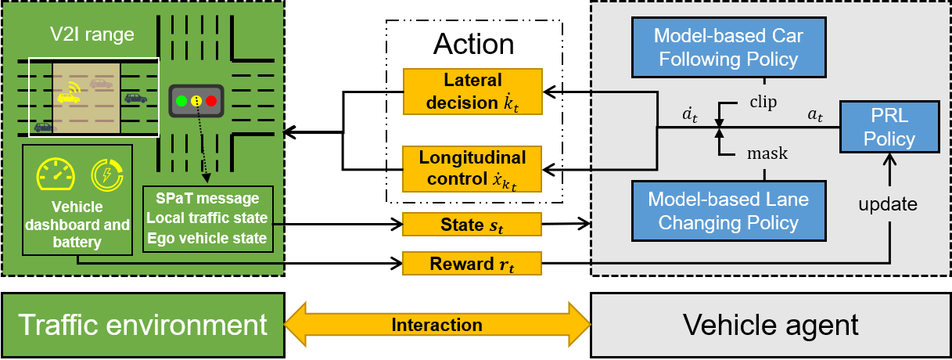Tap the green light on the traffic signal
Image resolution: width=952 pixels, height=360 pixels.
click(181, 100)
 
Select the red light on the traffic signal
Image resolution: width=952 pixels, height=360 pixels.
click(210, 100)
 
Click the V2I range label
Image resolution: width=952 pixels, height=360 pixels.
click(88, 34)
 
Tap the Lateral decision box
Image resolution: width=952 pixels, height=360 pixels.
click(472, 92)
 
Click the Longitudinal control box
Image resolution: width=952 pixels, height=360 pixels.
click(472, 168)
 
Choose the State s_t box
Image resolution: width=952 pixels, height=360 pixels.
click(472, 225)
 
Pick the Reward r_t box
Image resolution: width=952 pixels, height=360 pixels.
click(472, 264)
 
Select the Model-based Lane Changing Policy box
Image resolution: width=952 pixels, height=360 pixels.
click(728, 211)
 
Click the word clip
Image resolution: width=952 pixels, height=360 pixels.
click(763, 103)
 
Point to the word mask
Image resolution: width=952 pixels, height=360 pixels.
click(767, 154)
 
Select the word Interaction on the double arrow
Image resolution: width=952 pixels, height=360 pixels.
click(436, 324)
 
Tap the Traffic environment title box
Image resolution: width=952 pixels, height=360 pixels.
click(142, 324)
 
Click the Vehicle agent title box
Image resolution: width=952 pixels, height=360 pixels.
click(771, 324)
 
